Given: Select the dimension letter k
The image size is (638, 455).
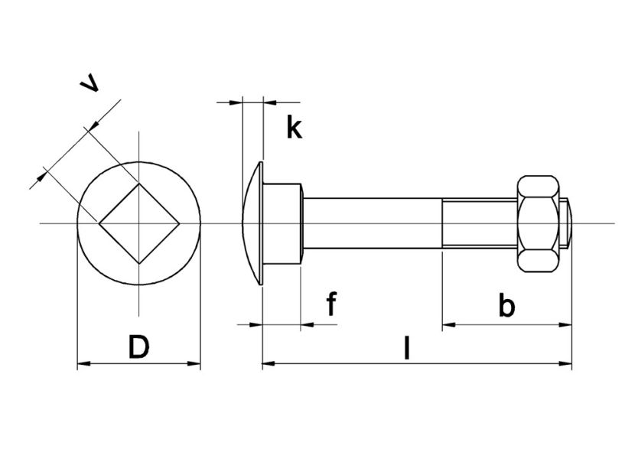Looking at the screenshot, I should [x=294, y=128].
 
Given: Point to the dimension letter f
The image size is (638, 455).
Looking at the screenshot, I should [x=331, y=304].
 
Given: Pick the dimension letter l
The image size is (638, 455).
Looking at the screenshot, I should [x=407, y=348].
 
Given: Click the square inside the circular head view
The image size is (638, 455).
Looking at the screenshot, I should [x=139, y=223].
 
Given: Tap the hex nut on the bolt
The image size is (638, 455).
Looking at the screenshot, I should [x=539, y=223].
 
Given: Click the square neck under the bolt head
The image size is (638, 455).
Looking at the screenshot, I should [x=284, y=223].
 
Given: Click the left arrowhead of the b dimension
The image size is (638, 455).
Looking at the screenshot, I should [x=448, y=325].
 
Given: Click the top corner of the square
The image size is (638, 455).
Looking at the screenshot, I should [x=139, y=184].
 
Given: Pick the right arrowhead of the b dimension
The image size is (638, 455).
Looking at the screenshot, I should [x=567, y=325].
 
